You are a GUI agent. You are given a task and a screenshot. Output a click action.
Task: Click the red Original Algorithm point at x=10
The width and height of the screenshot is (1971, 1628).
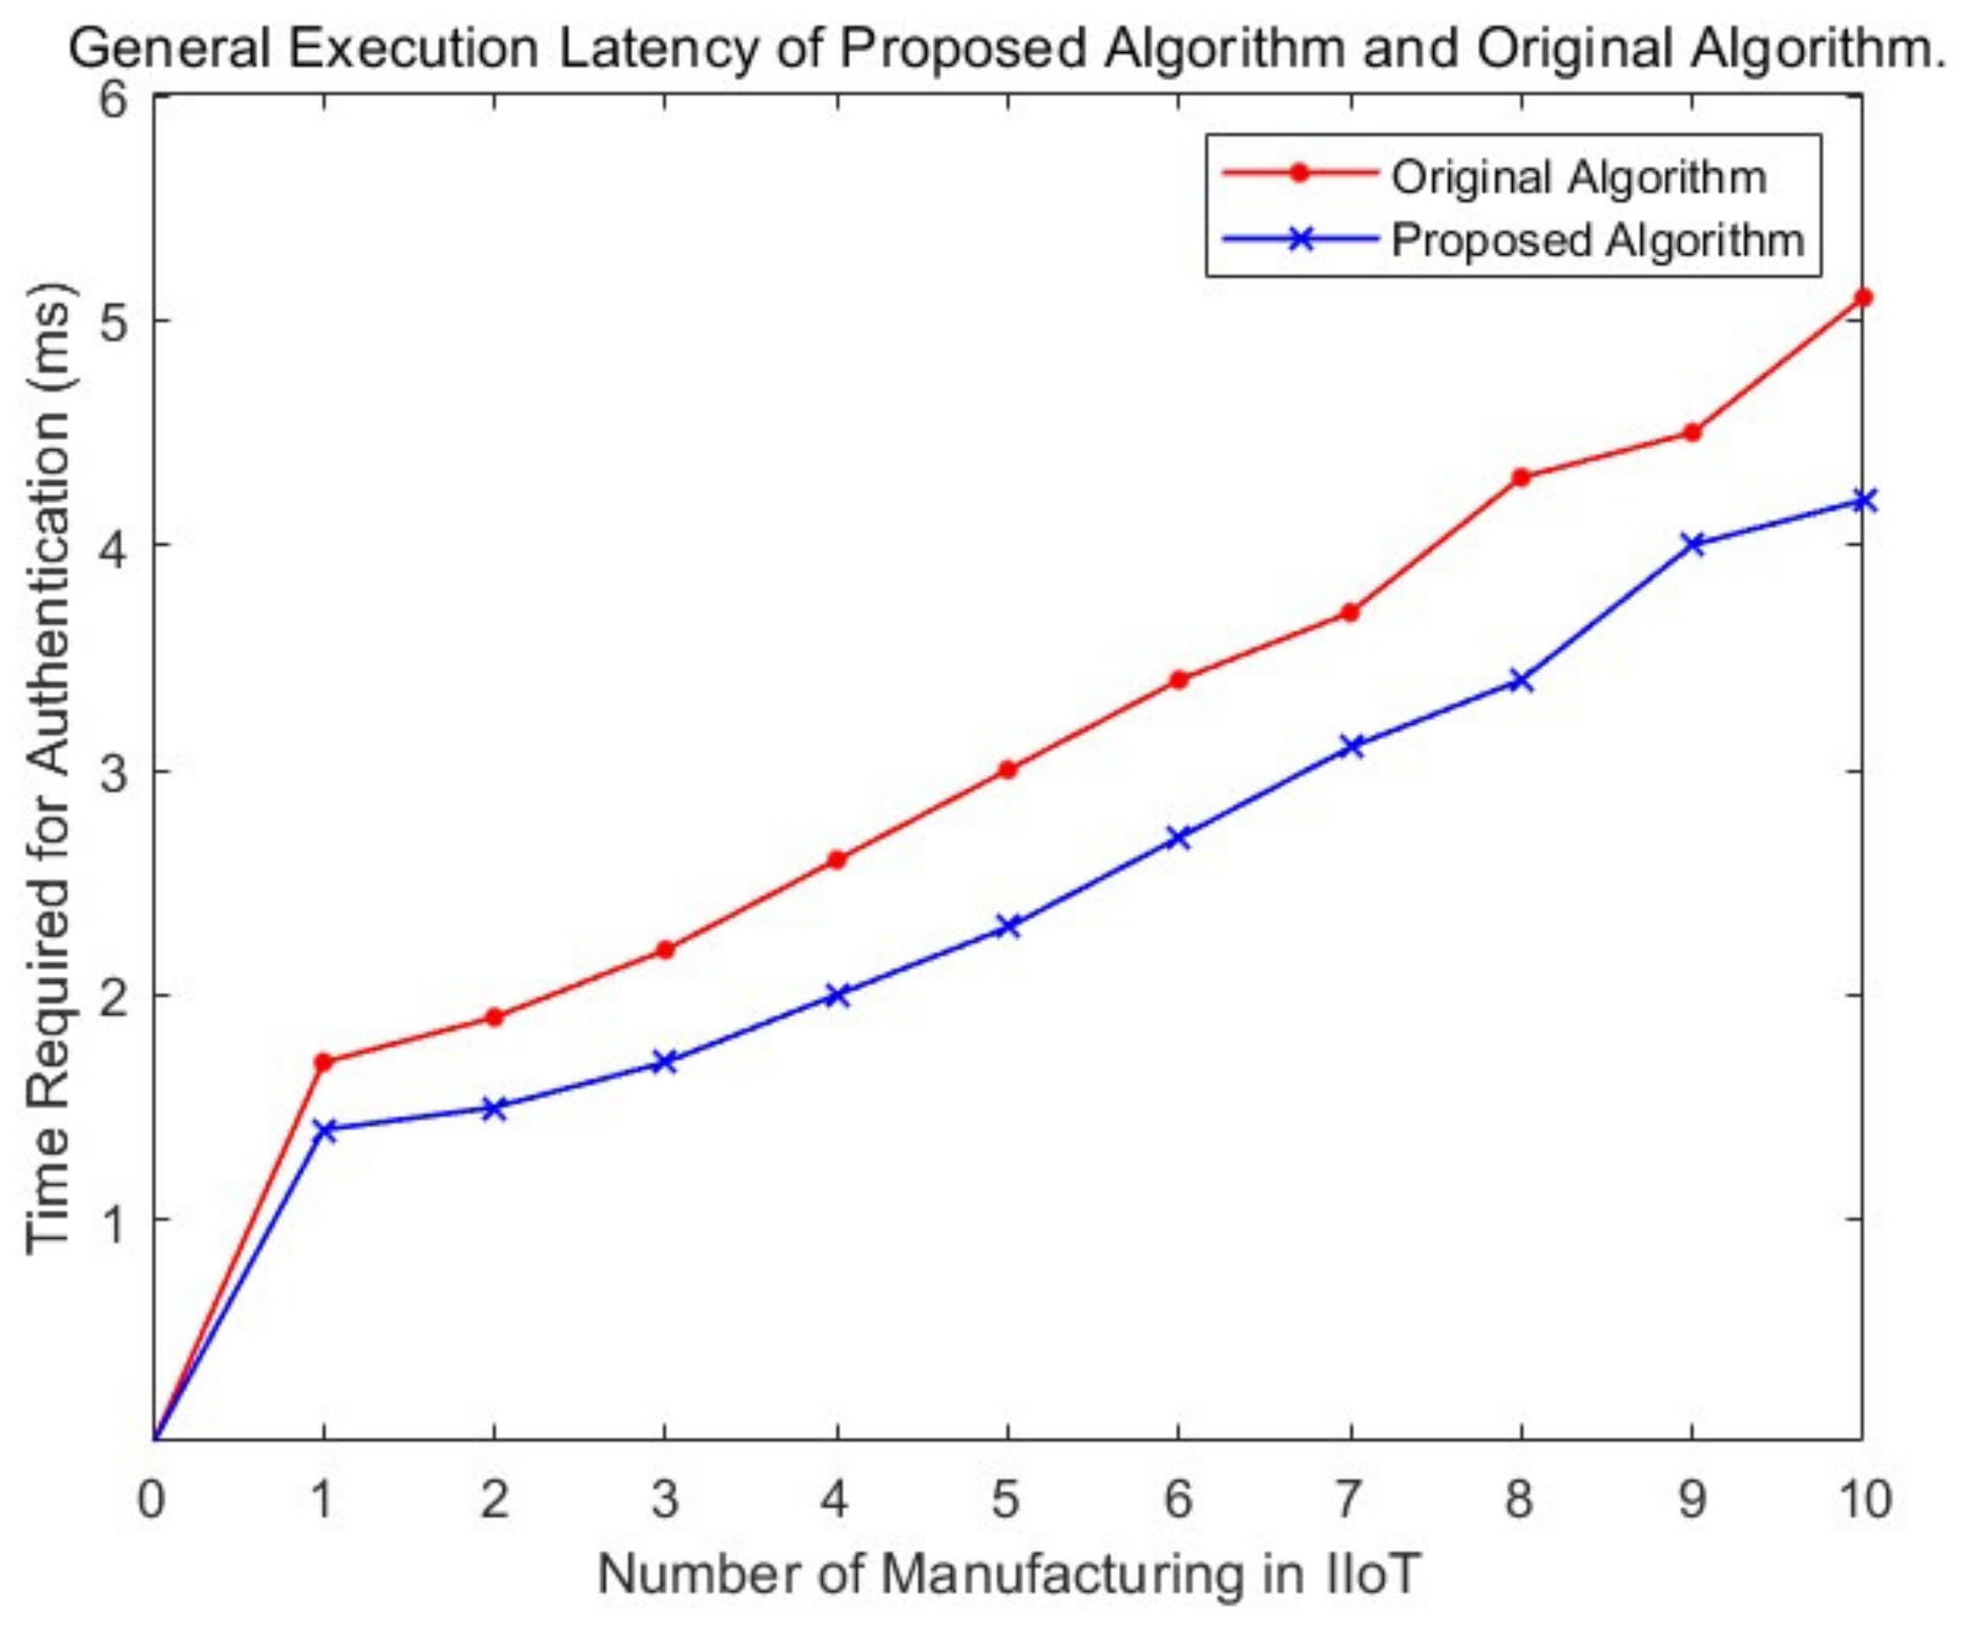click(x=1862, y=297)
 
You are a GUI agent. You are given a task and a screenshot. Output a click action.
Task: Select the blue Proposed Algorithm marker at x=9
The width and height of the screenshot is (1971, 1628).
click(x=1692, y=544)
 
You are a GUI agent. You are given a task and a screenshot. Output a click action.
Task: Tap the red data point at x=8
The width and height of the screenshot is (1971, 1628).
click(x=1521, y=477)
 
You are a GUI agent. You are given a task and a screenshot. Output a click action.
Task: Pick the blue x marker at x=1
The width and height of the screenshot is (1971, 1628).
click(x=325, y=1129)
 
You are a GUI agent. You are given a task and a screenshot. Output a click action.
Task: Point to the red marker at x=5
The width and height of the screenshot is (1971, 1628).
click(x=1008, y=770)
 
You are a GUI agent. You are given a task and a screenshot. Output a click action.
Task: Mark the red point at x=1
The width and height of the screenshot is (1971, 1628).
click(x=325, y=1062)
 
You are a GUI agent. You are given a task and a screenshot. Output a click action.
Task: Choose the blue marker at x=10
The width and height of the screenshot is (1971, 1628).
click(x=1862, y=500)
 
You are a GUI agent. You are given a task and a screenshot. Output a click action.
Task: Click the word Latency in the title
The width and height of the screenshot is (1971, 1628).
click(x=656, y=47)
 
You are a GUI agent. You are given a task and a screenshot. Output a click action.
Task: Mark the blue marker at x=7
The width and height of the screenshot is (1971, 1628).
click(x=1351, y=747)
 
